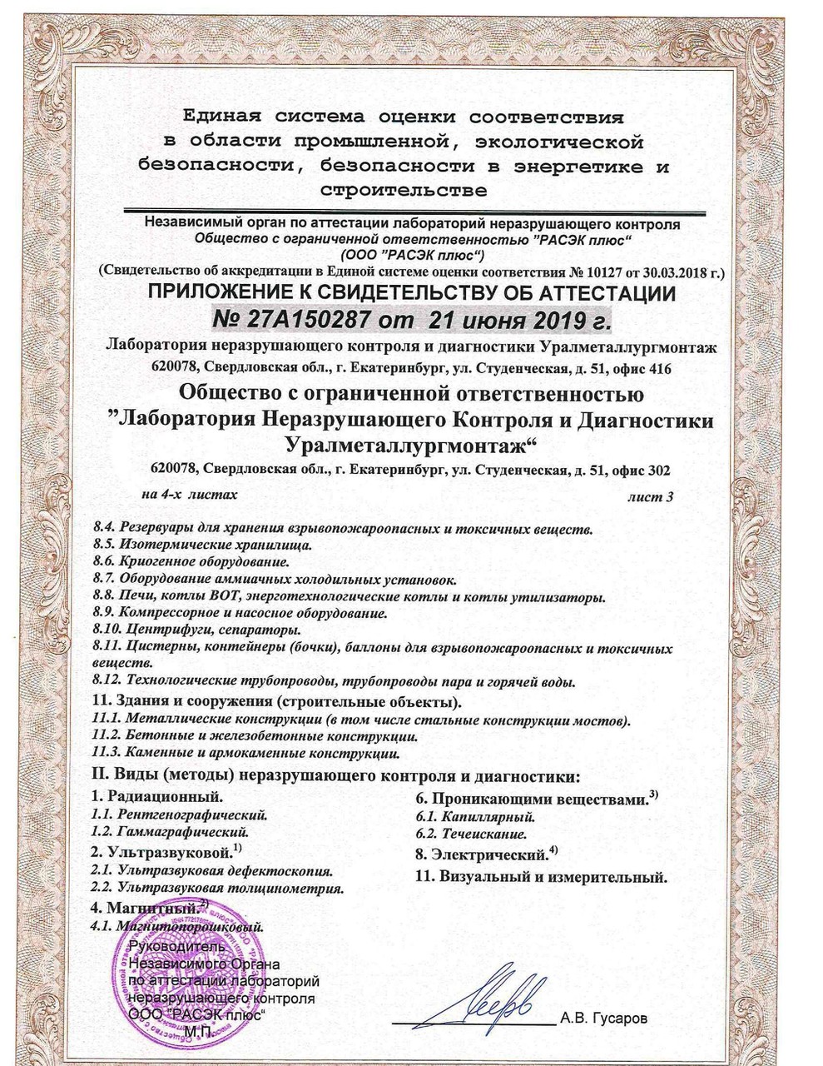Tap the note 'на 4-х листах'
click(x=189, y=495)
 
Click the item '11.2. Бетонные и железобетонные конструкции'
click(x=254, y=736)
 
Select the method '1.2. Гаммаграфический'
click(x=170, y=831)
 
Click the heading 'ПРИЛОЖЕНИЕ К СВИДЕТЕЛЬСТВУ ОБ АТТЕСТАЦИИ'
click(x=411, y=293)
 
